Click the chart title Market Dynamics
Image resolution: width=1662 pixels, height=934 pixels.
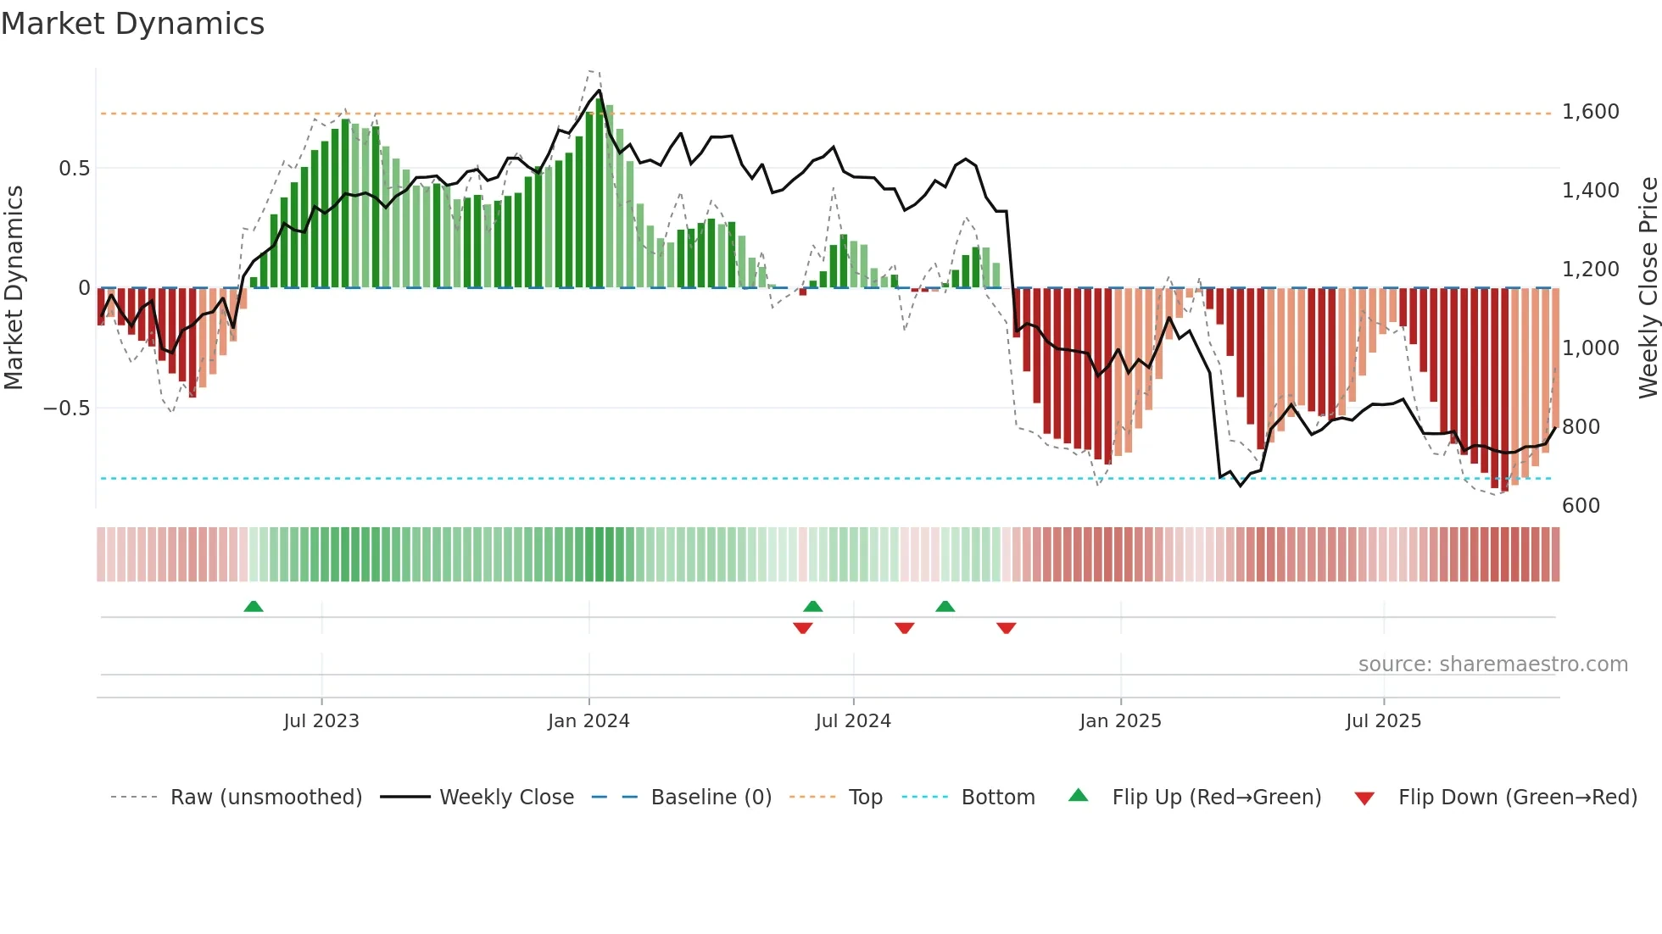point(132,24)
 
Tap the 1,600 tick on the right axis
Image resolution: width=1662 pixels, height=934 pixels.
point(1590,112)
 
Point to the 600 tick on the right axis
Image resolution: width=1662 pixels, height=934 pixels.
point(1581,506)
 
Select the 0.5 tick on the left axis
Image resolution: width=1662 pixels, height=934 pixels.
point(74,169)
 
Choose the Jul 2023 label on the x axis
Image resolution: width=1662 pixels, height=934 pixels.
point(321,721)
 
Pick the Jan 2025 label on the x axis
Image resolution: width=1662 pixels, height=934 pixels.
point(1120,721)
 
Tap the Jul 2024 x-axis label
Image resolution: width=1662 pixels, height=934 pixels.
point(853,721)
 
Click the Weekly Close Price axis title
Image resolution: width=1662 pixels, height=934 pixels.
point(1648,288)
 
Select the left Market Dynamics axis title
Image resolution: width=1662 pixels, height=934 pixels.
point(14,288)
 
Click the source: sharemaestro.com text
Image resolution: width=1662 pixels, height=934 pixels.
point(1492,664)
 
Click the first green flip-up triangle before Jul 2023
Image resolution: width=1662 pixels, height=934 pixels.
point(254,606)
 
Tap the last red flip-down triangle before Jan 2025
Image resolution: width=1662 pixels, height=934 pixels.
point(1007,628)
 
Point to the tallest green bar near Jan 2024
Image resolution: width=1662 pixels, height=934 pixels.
point(600,193)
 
